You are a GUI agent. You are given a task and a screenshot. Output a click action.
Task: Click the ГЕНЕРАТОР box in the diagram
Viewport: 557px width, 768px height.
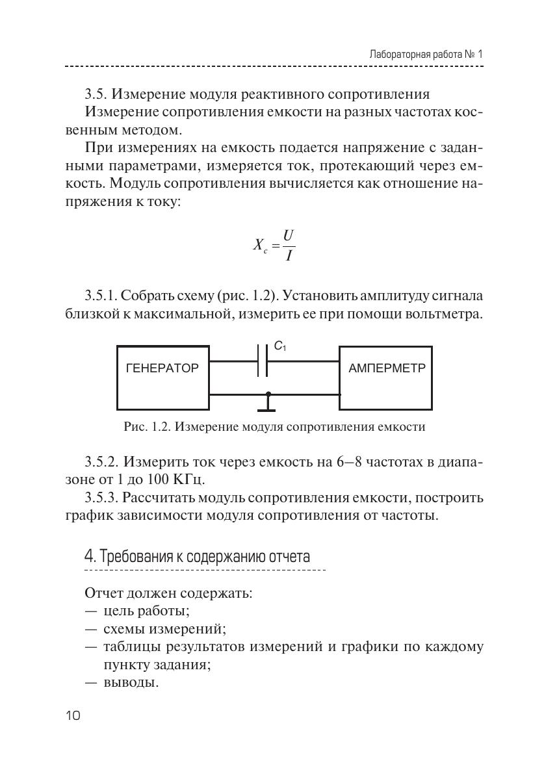162,378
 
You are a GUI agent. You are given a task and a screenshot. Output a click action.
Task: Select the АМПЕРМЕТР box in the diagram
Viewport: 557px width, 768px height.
387,378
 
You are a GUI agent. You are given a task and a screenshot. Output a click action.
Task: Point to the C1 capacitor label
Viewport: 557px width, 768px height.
280,347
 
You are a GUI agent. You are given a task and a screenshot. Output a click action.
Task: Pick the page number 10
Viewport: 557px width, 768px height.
73,716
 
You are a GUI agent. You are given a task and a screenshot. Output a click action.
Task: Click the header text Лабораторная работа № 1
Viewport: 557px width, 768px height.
426,55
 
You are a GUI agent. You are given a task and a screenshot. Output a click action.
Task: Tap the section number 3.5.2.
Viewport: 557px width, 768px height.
101,463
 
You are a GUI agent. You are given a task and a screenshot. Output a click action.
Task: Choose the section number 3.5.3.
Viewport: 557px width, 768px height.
101,498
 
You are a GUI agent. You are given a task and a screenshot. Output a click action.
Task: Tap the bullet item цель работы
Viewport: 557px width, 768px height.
146,611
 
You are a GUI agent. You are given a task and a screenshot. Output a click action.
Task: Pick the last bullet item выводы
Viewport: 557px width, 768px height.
131,683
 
